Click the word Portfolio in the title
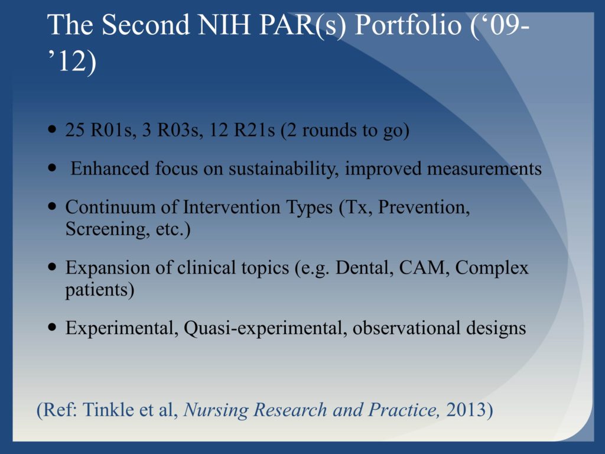(408, 25)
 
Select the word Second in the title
(145, 25)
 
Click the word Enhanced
(110, 168)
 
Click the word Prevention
(424, 207)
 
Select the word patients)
(100, 290)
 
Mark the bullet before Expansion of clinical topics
(52, 267)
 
